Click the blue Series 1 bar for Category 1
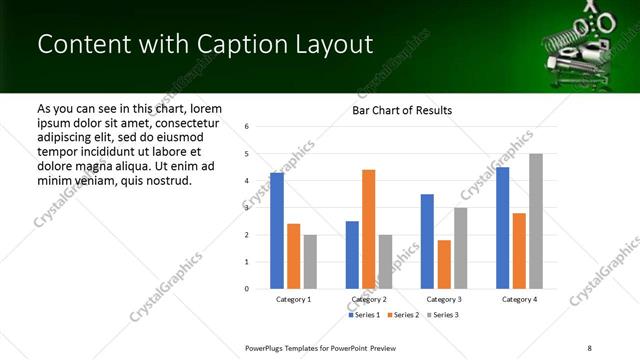pyautogui.click(x=277, y=231)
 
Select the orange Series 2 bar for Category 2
pyautogui.click(x=369, y=229)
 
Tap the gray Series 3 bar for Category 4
pyautogui.click(x=536, y=221)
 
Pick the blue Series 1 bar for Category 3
pyautogui.click(x=427, y=241)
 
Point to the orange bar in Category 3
pyautogui.click(x=444, y=264)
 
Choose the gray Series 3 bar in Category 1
pyautogui.click(x=310, y=262)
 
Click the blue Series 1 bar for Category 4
pyautogui.click(x=503, y=228)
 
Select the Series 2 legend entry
pyautogui.click(x=404, y=315)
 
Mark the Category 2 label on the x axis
pyautogui.click(x=368, y=300)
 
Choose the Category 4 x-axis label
pyautogui.click(x=519, y=300)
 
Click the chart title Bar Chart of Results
pyautogui.click(x=402, y=110)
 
